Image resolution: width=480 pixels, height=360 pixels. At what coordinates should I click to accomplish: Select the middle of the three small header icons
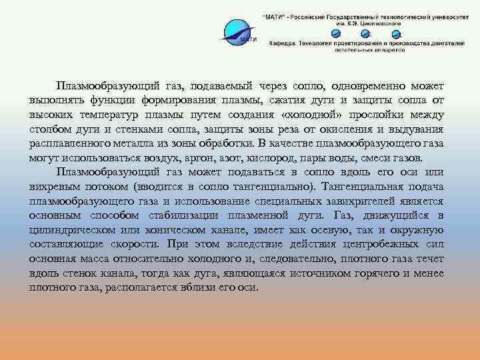point(363,33)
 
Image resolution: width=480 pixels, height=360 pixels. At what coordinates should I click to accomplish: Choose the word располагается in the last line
point(144,287)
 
